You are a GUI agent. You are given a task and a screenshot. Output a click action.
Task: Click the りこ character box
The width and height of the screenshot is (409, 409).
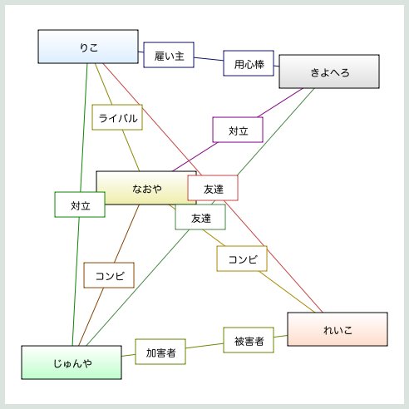88,47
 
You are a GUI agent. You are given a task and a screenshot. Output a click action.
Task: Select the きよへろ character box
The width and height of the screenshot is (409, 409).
329,71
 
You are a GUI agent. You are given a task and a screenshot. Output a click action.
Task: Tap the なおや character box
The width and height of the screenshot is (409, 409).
146,188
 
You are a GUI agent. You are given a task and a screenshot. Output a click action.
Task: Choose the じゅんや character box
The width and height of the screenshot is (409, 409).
71,362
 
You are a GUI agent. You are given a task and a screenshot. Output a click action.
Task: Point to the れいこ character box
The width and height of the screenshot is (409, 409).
338,329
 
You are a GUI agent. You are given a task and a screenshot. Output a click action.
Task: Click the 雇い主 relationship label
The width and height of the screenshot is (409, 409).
169,55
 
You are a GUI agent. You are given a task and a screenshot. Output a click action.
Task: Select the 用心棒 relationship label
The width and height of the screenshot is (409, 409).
249,63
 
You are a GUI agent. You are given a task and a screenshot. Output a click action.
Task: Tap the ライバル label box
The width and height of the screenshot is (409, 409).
117,117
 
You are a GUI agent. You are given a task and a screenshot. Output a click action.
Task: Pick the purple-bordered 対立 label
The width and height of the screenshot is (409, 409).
238,130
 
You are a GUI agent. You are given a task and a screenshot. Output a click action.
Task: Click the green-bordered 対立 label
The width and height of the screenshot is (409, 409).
80,204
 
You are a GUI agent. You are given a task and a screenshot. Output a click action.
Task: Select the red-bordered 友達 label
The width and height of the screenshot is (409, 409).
213,188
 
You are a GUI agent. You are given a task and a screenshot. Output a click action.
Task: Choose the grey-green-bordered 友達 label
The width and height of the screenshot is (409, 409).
200,217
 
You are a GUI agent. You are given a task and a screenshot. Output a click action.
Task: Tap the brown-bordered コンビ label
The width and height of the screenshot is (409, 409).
109,275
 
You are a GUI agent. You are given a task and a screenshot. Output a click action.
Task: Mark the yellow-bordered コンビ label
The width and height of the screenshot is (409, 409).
242,259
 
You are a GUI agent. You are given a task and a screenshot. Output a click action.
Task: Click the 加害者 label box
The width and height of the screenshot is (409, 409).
160,352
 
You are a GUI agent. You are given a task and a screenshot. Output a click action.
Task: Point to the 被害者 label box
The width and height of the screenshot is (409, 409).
249,340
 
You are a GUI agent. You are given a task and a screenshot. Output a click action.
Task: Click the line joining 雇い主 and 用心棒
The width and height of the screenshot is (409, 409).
209,59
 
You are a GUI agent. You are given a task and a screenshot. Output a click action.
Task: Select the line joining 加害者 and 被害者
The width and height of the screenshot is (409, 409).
204,346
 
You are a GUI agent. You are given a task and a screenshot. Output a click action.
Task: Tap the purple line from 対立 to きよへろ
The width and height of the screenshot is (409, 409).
280,103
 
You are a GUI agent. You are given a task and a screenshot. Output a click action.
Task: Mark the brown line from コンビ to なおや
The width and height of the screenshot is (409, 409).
126,234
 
